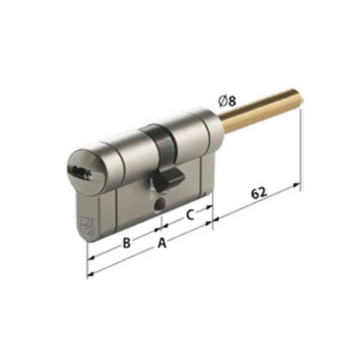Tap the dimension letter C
(x=190, y=215)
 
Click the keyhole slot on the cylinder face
(x=78, y=170)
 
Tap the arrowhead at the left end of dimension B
(x=90, y=258)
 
